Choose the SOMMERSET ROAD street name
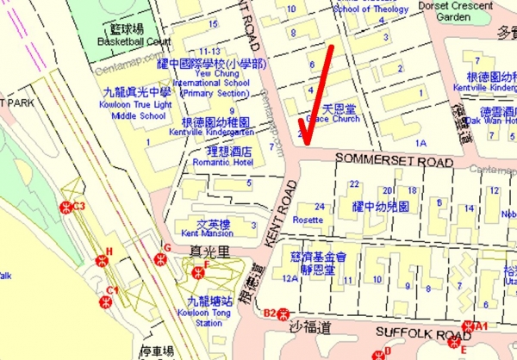pyautogui.click(x=381, y=161)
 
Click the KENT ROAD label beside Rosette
pyautogui.click(x=281, y=214)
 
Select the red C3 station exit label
pyautogui.click(x=79, y=206)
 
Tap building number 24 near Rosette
pyautogui.click(x=320, y=207)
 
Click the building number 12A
pyautogui.click(x=289, y=278)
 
